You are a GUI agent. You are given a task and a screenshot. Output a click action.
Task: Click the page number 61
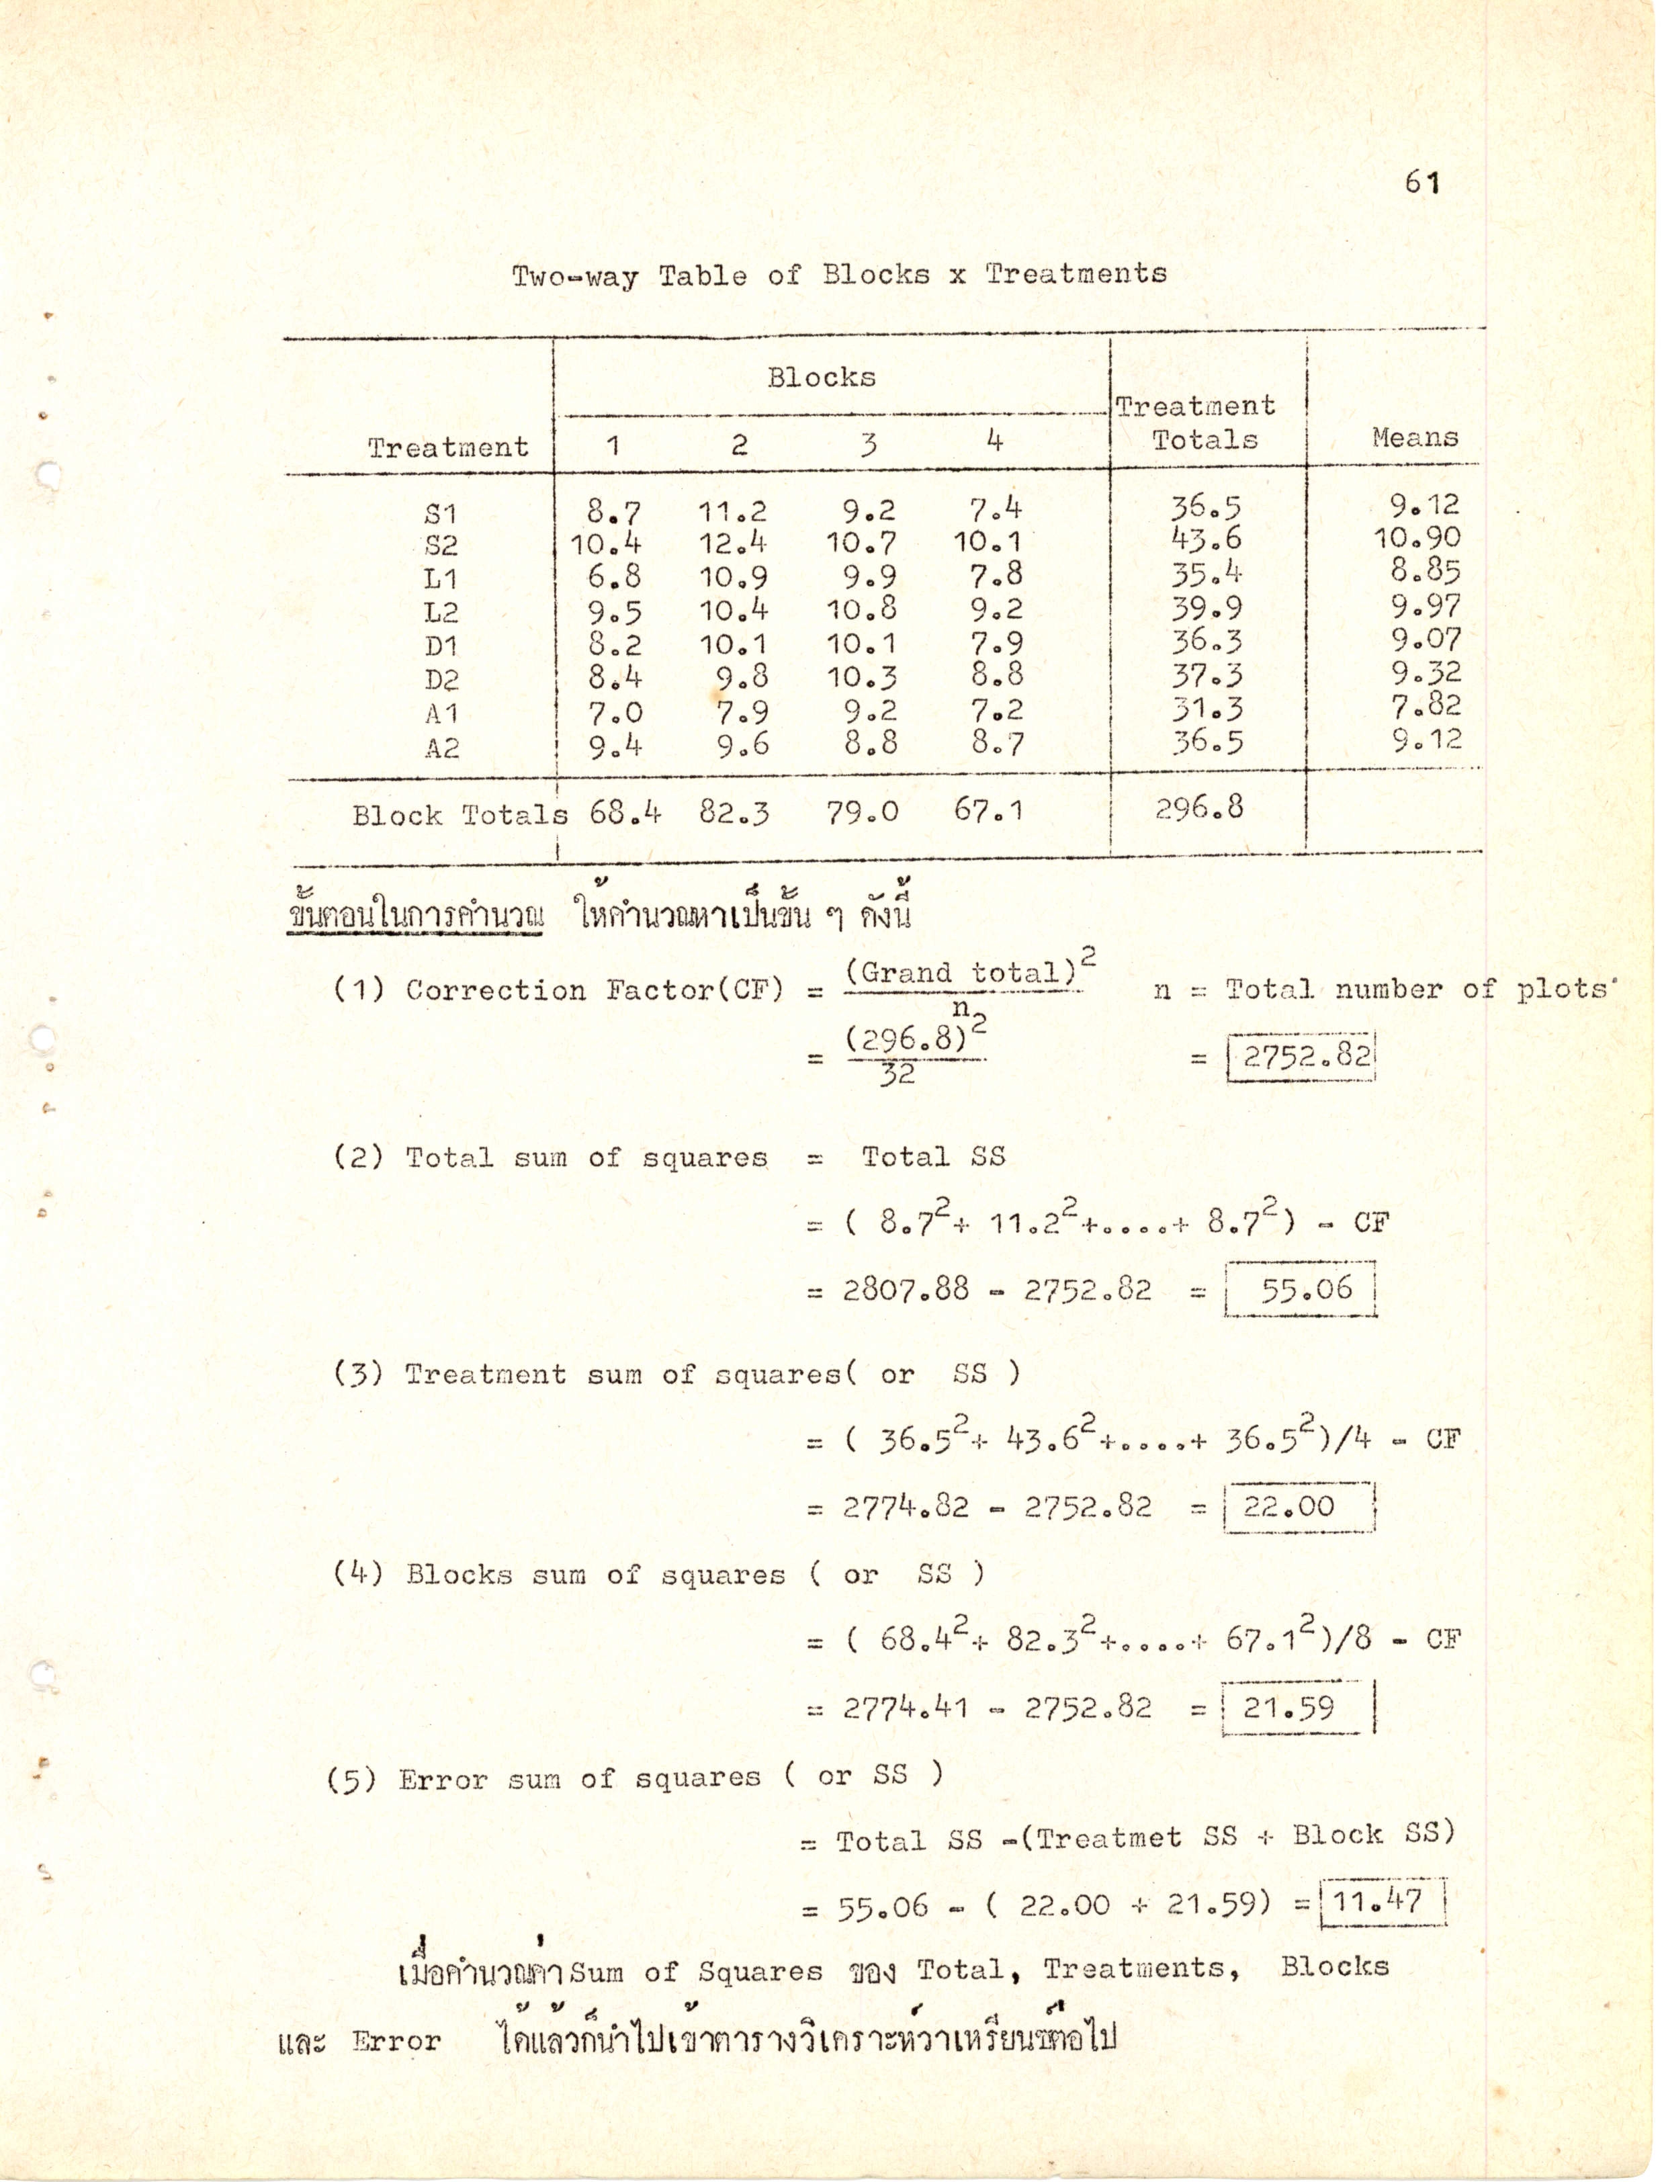pyautogui.click(x=1422, y=182)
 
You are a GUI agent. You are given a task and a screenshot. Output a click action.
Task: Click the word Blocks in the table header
pyautogui.click(x=821, y=377)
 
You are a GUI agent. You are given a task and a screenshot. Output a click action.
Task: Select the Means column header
pyautogui.click(x=1415, y=437)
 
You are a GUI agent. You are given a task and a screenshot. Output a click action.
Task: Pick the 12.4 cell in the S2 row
pyautogui.click(x=733, y=543)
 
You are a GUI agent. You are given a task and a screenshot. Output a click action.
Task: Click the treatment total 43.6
pyautogui.click(x=1205, y=539)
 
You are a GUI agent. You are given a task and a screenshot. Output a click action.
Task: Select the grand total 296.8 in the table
pyautogui.click(x=1199, y=809)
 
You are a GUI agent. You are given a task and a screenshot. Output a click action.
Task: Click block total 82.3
pyautogui.click(x=734, y=812)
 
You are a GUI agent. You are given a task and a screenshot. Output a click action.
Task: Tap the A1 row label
pyautogui.click(x=441, y=713)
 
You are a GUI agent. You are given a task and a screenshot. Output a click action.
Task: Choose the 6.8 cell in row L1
pyautogui.click(x=614, y=576)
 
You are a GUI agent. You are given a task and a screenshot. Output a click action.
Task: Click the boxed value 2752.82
pyautogui.click(x=1306, y=1056)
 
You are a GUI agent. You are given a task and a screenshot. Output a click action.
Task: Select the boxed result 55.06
pyautogui.click(x=1306, y=1288)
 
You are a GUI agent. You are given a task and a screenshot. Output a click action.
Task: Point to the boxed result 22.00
pyautogui.click(x=1302, y=1506)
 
